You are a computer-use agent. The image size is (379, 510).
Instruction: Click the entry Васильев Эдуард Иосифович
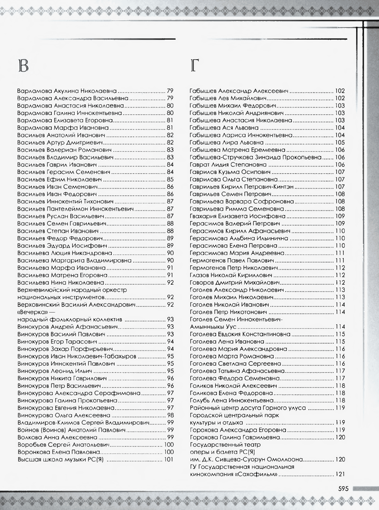tap(62, 246)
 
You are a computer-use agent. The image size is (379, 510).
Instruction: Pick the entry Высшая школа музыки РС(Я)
tap(61, 459)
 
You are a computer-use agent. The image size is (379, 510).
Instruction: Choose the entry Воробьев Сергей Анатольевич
tap(64, 445)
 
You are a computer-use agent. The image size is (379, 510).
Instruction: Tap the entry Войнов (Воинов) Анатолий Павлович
tap(71, 430)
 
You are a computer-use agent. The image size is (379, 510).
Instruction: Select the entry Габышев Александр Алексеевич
tap(239, 91)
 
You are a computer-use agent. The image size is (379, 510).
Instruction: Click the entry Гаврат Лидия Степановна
tap(228, 165)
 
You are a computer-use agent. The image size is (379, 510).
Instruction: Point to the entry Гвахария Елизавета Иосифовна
tap(238, 216)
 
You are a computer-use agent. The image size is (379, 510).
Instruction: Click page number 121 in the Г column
tap(340, 475)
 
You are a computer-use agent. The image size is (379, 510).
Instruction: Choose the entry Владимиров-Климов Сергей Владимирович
tap(83, 422)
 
